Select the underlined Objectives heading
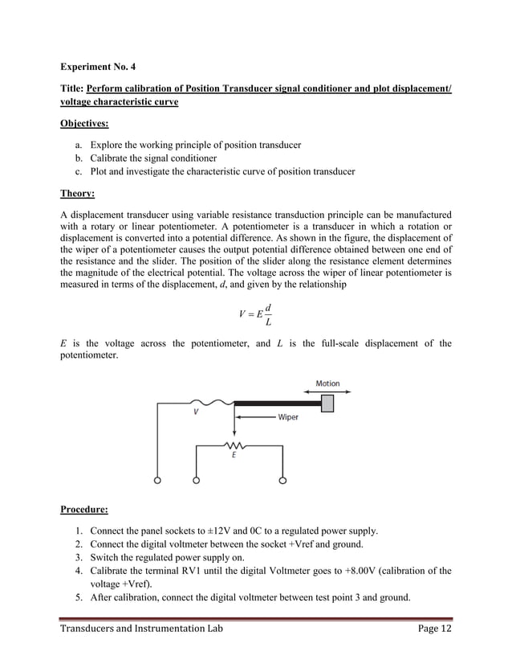(87, 125)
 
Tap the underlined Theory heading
(78, 194)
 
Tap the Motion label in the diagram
(327, 383)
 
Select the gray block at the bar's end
(327, 404)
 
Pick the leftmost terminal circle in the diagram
(157, 481)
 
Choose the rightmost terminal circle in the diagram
(282, 481)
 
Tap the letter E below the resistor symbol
(234, 454)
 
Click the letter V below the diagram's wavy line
(196, 412)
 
